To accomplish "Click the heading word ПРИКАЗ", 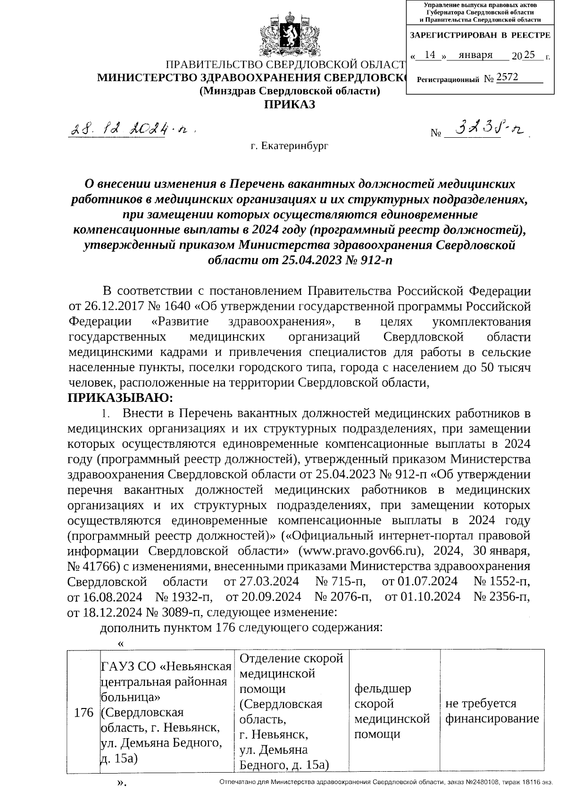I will (x=290, y=104).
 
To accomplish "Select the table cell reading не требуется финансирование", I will (x=491, y=711).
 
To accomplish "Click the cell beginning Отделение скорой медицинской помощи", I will (x=291, y=711).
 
